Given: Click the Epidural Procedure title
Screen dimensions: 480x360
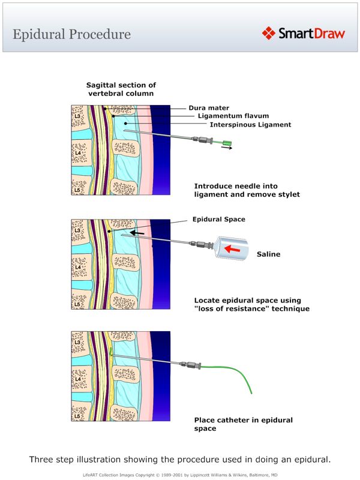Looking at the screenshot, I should pyautogui.click(x=71, y=34).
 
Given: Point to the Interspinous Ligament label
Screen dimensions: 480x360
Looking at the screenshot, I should pyautogui.click(x=250, y=125).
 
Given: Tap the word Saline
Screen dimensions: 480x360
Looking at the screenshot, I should pyautogui.click(x=269, y=254).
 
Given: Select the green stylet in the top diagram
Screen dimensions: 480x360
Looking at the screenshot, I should pyautogui.click(x=226, y=143).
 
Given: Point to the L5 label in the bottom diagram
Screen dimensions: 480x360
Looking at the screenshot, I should pyautogui.click(x=77, y=414).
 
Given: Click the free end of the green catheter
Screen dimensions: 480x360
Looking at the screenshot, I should pyautogui.click(x=251, y=393).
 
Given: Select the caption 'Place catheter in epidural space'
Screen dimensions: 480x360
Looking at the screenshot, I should pyautogui.click(x=243, y=424).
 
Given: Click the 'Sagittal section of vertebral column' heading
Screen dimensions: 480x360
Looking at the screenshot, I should pyautogui.click(x=121, y=89).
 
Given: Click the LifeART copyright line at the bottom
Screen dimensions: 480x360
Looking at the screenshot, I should pyautogui.click(x=180, y=474).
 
